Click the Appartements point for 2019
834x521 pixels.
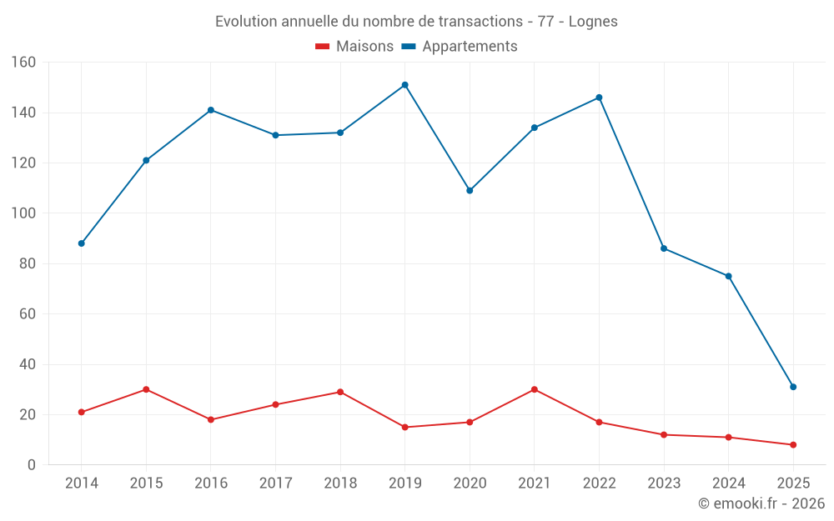click(x=404, y=85)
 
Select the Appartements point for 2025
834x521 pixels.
click(x=793, y=387)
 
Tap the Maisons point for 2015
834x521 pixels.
click(x=146, y=389)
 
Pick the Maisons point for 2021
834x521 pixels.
click(x=535, y=389)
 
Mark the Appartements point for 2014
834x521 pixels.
click(x=81, y=243)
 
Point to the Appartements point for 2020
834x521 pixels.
click(x=470, y=191)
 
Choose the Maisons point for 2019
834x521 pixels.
click(x=404, y=427)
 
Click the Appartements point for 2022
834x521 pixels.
click(x=599, y=98)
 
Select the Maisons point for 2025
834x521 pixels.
click(x=793, y=444)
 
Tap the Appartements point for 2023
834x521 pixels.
click(x=664, y=248)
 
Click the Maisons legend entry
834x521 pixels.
click(x=354, y=47)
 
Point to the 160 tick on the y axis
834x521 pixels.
click(x=23, y=63)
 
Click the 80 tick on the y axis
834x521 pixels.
click(x=28, y=263)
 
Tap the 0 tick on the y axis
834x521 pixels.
click(x=32, y=465)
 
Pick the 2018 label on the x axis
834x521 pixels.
click(x=340, y=483)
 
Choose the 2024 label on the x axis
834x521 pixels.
click(x=728, y=483)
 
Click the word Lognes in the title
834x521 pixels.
click(x=593, y=22)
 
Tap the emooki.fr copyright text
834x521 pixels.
click(x=761, y=503)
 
